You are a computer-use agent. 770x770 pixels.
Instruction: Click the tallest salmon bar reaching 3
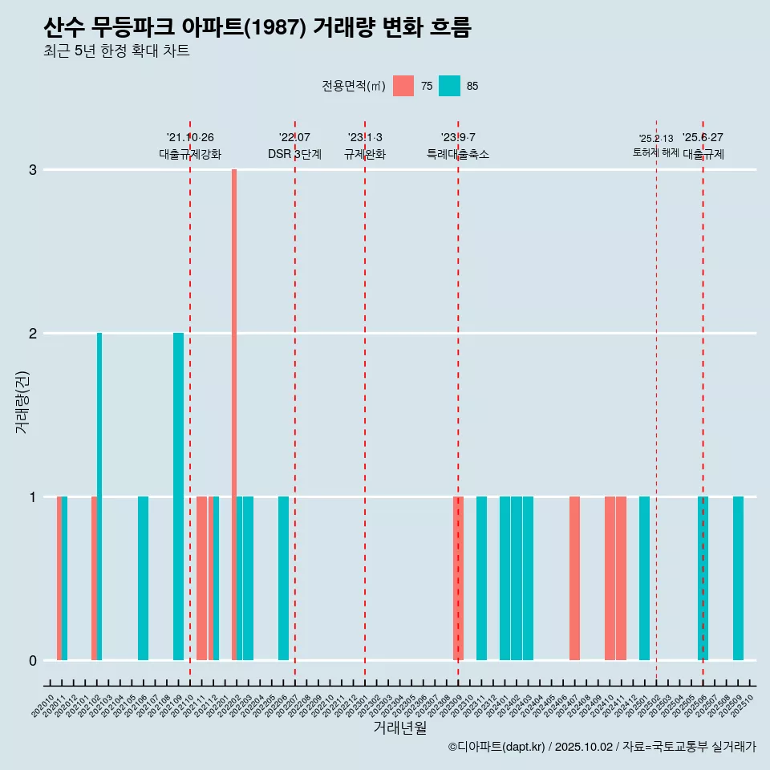pos(234,414)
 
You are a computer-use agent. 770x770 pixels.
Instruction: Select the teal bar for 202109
pos(178,496)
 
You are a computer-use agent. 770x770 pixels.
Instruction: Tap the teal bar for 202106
pos(143,578)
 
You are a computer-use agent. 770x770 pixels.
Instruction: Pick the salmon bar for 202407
pos(574,578)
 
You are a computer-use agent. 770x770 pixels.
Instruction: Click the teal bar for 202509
pos(738,578)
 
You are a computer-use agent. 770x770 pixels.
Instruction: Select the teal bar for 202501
pos(644,578)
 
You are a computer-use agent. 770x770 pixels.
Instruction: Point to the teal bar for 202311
pos(481,578)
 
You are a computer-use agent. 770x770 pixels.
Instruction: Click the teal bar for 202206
pos(283,578)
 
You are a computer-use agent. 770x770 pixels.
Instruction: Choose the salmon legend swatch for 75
pos(403,86)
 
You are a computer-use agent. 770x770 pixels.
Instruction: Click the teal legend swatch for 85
pos(449,86)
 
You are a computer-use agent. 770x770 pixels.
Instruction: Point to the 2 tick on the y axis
pos(33,333)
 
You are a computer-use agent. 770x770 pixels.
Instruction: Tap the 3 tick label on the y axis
pos(33,169)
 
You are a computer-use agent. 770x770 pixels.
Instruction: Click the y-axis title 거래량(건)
pos(22,401)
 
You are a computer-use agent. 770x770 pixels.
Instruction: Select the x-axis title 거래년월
pos(399,728)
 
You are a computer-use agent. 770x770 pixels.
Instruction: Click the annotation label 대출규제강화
pos(190,154)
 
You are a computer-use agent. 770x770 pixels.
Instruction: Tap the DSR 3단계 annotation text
pos(294,154)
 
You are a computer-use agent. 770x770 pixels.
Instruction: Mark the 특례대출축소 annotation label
pos(458,154)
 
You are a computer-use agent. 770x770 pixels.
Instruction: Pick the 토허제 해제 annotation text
pos(655,152)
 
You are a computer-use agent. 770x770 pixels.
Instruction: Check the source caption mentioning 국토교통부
pos(602,747)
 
